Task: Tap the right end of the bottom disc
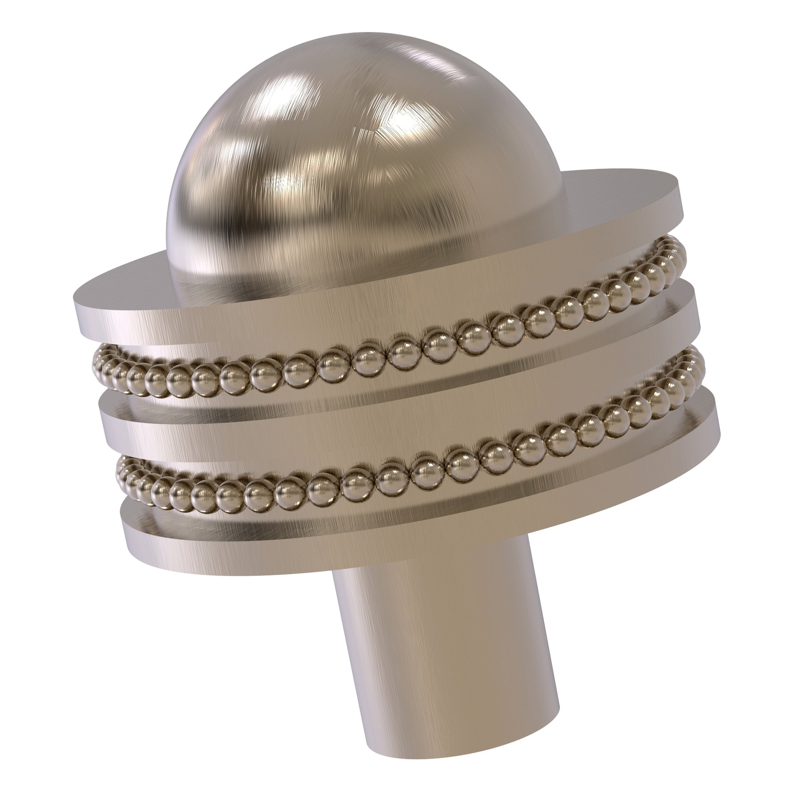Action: point(719,422)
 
